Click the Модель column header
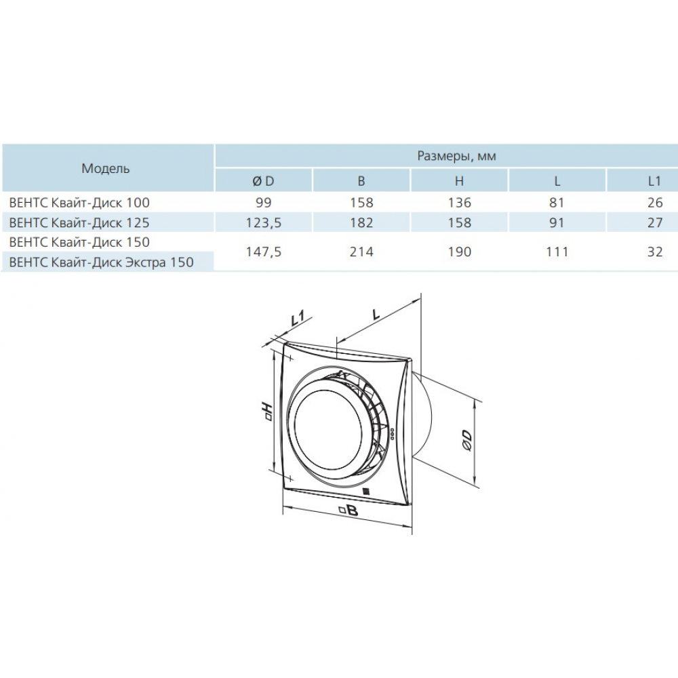(106, 168)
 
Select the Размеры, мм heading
(456, 156)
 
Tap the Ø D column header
(263, 181)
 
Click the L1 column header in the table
(655, 181)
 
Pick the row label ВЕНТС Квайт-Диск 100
(79, 202)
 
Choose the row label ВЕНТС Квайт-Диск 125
(79, 222)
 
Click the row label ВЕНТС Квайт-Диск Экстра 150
(101, 262)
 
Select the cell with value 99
(263, 202)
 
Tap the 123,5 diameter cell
(263, 222)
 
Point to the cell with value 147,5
(263, 252)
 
